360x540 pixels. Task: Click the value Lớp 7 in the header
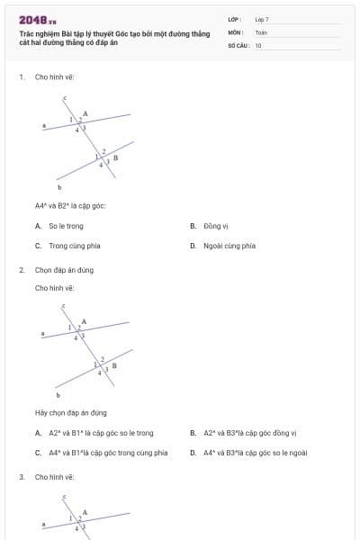click(x=262, y=19)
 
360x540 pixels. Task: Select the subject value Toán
click(x=261, y=31)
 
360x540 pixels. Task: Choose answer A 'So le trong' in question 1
click(x=66, y=226)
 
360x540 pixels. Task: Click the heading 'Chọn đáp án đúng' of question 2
click(x=64, y=270)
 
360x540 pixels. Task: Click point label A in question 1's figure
click(x=85, y=113)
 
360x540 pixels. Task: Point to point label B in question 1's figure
click(x=115, y=157)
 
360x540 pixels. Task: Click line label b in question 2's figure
click(x=59, y=394)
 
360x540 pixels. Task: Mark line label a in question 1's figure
click(x=44, y=126)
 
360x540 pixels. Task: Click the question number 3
click(x=21, y=476)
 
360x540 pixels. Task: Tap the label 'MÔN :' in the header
click(x=236, y=31)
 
